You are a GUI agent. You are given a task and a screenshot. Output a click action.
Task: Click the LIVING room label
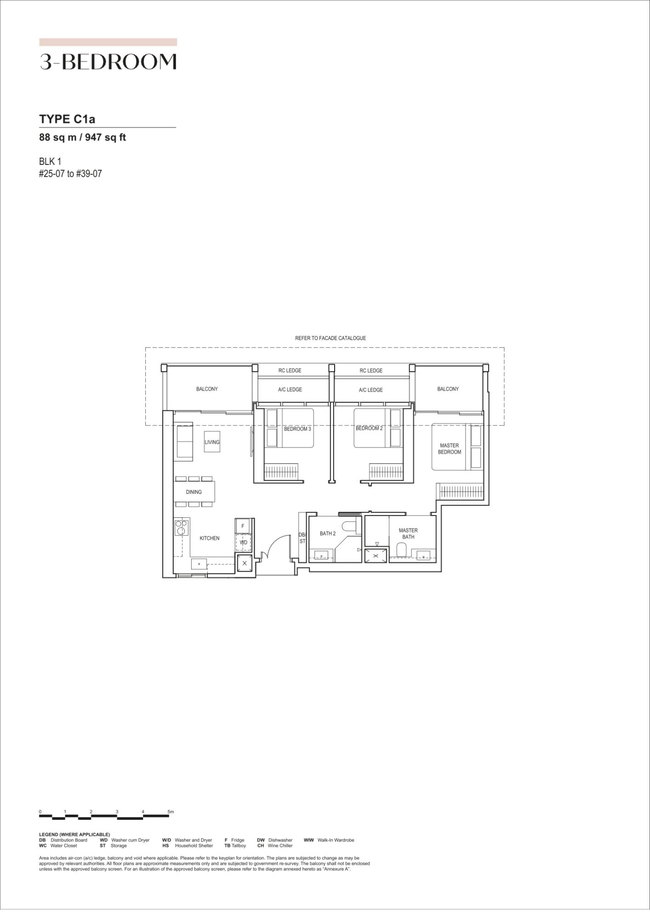click(212, 442)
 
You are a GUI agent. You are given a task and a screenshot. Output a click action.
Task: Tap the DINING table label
click(194, 492)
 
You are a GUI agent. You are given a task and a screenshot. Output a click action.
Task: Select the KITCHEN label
click(209, 538)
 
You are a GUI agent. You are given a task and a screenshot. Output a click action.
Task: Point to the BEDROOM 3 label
click(297, 429)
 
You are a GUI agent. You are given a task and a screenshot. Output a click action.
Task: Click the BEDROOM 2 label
click(369, 428)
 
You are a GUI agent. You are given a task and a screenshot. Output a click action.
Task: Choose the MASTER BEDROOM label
click(449, 448)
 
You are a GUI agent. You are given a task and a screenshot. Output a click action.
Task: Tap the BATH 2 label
click(328, 533)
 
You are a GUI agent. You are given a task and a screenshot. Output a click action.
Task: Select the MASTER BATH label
click(408, 533)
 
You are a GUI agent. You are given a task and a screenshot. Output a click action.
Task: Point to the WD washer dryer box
click(243, 543)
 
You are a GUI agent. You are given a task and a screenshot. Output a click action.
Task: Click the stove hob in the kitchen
click(182, 527)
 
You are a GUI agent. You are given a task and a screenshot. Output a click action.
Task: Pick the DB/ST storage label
click(302, 538)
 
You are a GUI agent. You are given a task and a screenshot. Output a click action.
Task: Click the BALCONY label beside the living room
click(207, 389)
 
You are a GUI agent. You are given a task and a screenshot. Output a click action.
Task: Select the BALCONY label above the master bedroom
click(448, 389)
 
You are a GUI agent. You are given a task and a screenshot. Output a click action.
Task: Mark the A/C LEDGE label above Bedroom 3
click(290, 390)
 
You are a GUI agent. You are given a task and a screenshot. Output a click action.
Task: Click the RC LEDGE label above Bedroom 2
click(371, 370)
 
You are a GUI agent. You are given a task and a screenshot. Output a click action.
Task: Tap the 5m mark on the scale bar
click(171, 812)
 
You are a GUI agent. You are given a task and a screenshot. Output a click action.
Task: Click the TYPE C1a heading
click(67, 119)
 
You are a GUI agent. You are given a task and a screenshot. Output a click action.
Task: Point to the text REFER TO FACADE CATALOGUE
click(331, 338)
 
